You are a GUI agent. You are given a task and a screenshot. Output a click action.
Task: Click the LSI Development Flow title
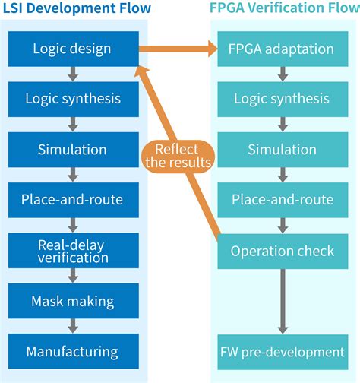point(76,10)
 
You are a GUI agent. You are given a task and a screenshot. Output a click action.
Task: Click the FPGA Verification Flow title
point(282,10)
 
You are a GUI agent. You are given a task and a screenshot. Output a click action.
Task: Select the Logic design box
point(72,49)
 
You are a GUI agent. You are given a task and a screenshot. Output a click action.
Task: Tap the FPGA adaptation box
point(281,49)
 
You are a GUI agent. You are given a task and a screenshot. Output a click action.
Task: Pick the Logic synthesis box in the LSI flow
point(72,100)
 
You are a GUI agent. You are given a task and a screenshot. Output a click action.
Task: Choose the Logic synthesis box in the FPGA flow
point(281,100)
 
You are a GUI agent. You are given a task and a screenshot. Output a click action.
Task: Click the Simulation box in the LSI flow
point(72,150)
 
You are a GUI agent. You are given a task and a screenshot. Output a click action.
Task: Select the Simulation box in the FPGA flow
point(281,150)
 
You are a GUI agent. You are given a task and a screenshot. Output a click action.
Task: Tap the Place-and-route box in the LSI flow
point(72,200)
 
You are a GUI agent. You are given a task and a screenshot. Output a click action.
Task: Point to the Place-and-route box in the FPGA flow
point(281,200)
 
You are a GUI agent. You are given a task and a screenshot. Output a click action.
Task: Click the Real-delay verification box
point(72,251)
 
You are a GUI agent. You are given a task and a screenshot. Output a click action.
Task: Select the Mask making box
point(72,301)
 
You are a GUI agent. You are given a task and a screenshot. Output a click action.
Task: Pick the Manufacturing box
point(72,351)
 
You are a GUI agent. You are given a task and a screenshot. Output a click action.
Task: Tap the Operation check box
point(281,251)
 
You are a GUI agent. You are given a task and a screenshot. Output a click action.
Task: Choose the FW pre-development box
point(281,351)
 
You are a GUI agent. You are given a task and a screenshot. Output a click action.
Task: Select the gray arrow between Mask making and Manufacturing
point(72,326)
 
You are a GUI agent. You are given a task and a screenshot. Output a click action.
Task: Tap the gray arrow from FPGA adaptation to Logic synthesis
point(281,74)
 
